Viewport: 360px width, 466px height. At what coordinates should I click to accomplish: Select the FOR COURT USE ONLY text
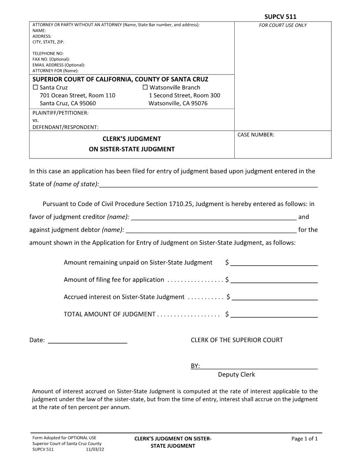[283, 25]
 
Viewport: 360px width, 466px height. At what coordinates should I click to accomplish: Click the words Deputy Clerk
[236, 375]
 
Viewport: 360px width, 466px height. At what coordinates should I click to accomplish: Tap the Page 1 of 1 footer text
[304, 439]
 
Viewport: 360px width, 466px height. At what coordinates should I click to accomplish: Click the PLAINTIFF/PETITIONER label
[60, 113]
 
